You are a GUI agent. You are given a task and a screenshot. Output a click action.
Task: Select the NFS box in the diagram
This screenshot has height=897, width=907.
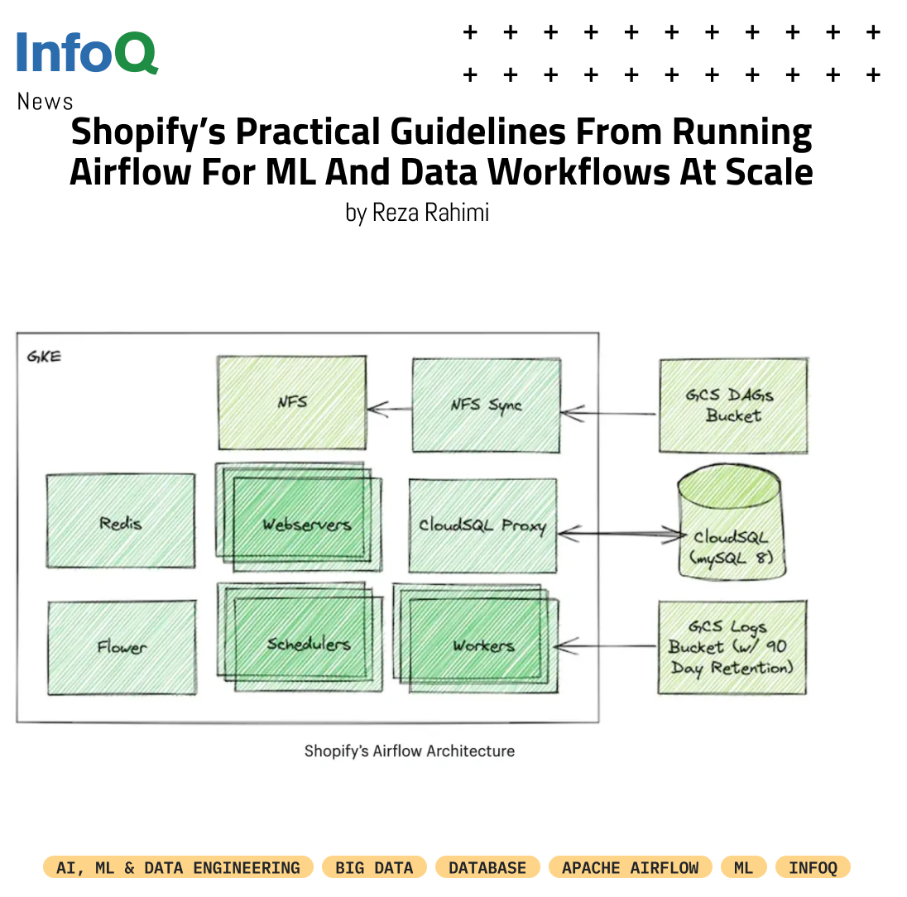click(x=291, y=403)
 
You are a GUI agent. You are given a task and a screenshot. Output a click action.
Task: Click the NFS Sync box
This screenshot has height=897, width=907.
click(x=486, y=405)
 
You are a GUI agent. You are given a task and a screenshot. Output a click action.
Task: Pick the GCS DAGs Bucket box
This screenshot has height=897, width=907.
click(x=732, y=405)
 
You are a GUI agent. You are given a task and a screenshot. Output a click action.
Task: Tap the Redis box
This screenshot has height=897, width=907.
click(x=121, y=522)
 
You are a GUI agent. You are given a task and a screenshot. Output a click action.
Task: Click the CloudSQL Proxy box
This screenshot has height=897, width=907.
click(x=482, y=525)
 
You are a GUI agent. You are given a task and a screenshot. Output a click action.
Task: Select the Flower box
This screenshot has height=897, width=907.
click(x=122, y=647)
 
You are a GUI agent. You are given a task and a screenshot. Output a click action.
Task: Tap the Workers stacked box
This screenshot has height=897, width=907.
click(x=482, y=645)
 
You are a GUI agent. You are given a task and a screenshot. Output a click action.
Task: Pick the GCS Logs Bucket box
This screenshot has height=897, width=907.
click(x=732, y=647)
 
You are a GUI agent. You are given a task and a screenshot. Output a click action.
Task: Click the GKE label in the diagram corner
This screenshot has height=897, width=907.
click(x=44, y=357)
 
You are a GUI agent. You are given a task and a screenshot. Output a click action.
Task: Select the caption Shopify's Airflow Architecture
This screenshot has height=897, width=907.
click(x=410, y=751)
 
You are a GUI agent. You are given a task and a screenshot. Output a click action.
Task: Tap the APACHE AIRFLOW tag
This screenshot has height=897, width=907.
click(x=630, y=867)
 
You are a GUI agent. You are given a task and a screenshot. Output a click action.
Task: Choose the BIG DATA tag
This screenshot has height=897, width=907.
click(x=374, y=867)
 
